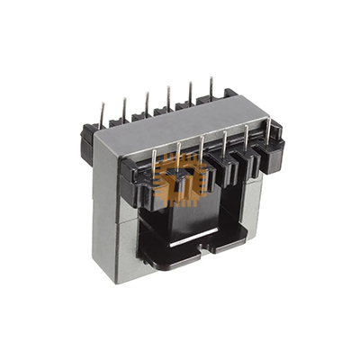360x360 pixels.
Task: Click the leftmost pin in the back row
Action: tap(102, 113)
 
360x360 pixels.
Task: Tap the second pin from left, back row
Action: tap(123, 106)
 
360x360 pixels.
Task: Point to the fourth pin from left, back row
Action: tap(168, 95)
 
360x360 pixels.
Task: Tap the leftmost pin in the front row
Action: tap(155, 159)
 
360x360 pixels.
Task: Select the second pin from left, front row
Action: tap(179, 152)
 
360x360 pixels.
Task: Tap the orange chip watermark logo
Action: tap(177, 180)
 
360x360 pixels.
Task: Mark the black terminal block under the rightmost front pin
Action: tap(269, 155)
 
